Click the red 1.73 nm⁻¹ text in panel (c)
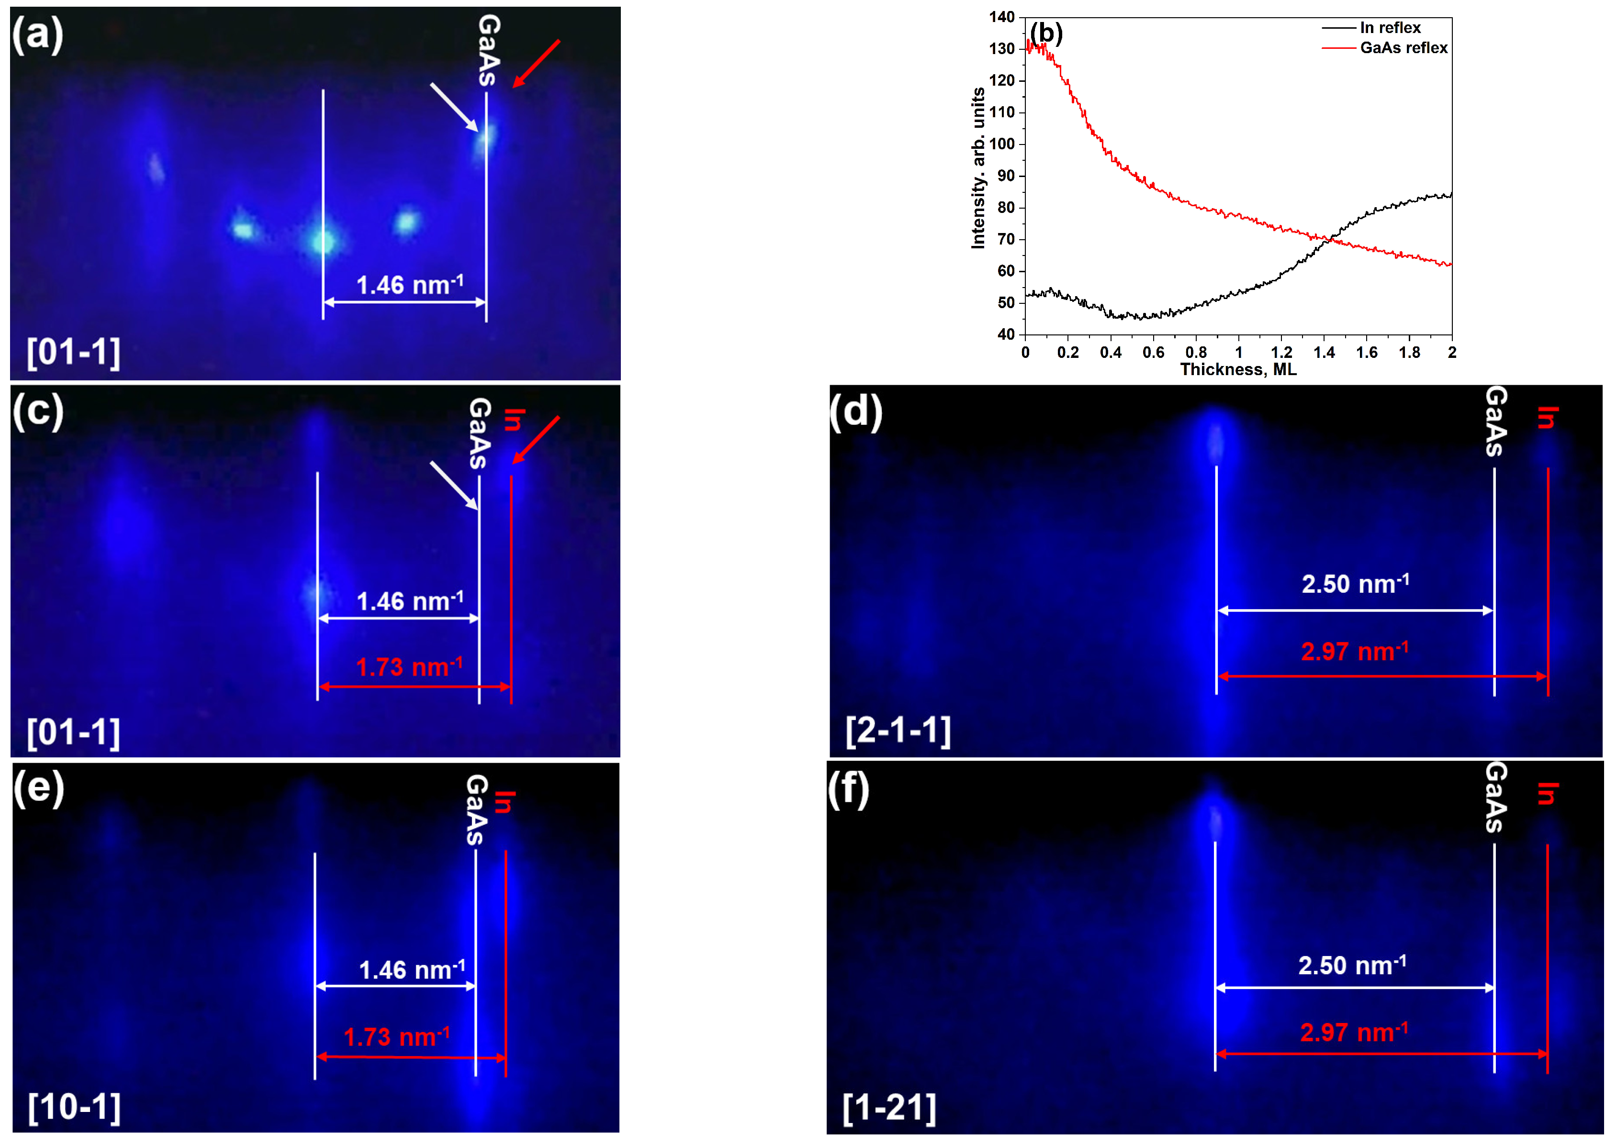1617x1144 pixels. (409, 667)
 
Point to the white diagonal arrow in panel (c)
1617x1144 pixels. (454, 485)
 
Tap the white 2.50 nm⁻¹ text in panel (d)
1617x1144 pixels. (1355, 584)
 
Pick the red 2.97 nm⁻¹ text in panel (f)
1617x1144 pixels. (1354, 1033)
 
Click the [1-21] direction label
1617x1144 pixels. (889, 1108)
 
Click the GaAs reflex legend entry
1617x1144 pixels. (1403, 48)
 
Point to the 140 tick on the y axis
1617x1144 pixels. (1001, 17)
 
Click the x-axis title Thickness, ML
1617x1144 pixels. (1238, 370)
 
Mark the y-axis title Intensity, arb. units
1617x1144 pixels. (978, 168)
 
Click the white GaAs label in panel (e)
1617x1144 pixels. (476, 810)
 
